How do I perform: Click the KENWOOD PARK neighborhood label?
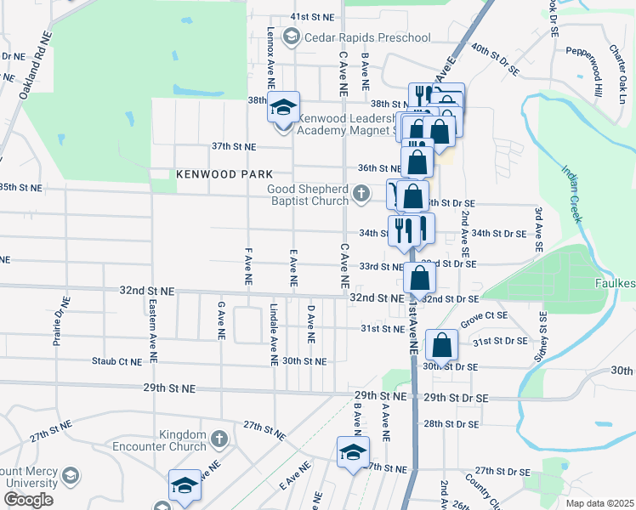[212, 173]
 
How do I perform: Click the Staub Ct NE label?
[116, 361]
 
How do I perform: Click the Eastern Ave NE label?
[151, 320]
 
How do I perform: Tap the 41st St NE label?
[310, 16]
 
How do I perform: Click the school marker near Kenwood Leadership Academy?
[284, 109]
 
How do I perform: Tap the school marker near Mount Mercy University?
[185, 486]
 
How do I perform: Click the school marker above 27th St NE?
[353, 453]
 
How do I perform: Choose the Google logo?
[28, 500]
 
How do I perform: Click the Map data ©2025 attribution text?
[599, 503]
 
